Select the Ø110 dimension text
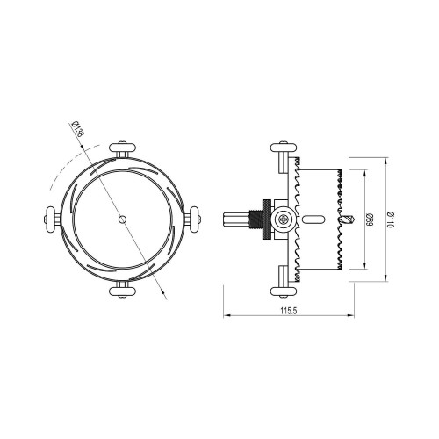pyautogui.click(x=390, y=219)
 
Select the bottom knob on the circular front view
pyautogui.click(x=120, y=290)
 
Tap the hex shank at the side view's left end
pyautogui.click(x=235, y=219)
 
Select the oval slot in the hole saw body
pyautogui.click(x=312, y=219)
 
